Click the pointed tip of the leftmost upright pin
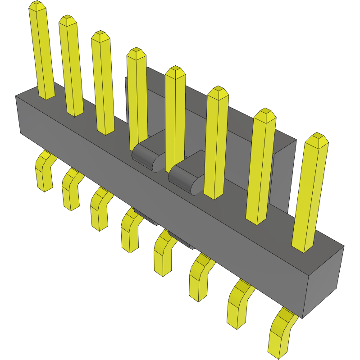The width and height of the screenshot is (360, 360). (x=37, y=6)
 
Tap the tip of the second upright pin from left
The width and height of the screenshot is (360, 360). (x=68, y=20)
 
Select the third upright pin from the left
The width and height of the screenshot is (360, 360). (x=103, y=83)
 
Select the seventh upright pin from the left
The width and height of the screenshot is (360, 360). (x=261, y=167)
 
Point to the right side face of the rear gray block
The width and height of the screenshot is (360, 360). (x=284, y=180)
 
